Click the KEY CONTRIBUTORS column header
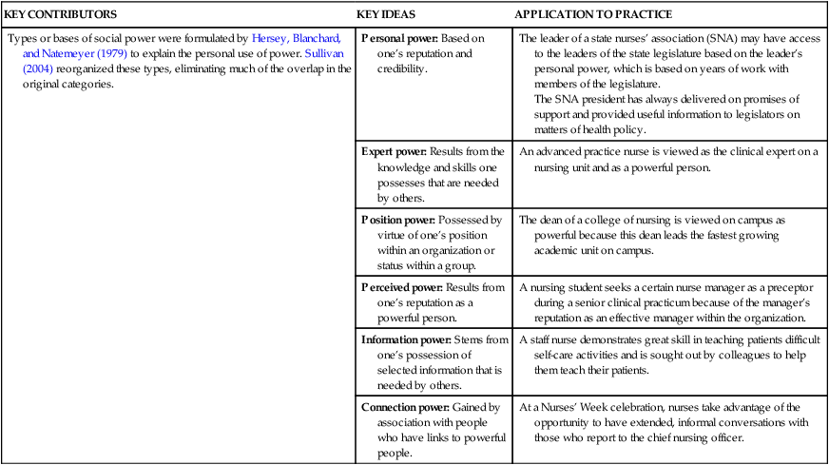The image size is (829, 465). (61, 15)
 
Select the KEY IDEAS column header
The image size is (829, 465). (386, 15)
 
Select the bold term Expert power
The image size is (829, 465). (394, 151)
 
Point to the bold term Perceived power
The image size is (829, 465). (400, 286)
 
